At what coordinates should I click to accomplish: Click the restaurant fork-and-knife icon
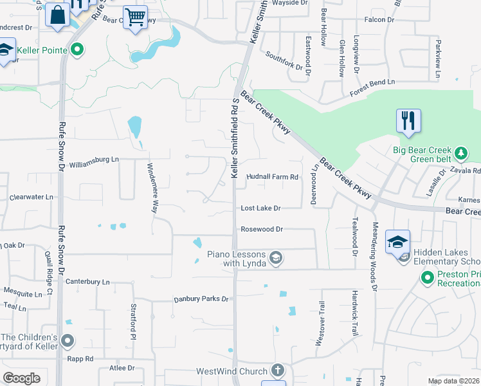pos(409,121)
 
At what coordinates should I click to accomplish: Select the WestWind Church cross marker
pos(277,371)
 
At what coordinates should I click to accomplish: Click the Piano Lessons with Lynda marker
pos(275,258)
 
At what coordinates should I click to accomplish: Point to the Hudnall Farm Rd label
pos(273,177)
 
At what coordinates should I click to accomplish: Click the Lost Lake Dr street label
pos(261,208)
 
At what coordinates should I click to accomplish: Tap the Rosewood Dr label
pos(262,229)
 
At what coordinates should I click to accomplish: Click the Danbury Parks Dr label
pos(201,299)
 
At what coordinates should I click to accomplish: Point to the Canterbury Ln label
pos(88,282)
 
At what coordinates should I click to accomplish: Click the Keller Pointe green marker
pos(78,49)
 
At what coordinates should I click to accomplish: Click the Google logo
pos(21,378)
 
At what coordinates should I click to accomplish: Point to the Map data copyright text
pos(454,381)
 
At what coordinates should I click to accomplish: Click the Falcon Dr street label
pos(379,20)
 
